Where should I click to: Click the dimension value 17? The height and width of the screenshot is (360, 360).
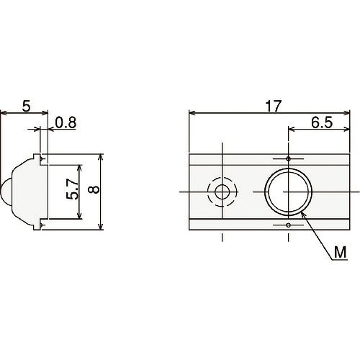(x=273, y=107)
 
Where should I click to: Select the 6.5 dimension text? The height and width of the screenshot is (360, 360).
(x=322, y=122)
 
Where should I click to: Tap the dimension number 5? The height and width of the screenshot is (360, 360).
(x=27, y=107)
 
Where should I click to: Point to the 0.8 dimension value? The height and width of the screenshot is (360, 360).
(x=66, y=122)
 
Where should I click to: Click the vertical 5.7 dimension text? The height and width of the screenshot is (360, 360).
(x=73, y=189)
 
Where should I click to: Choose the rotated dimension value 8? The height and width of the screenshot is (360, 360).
(x=94, y=189)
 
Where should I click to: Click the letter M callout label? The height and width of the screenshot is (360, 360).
(x=341, y=252)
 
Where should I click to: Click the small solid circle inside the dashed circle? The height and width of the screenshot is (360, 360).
(x=222, y=192)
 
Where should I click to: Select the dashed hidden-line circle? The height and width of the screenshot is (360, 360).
(x=222, y=177)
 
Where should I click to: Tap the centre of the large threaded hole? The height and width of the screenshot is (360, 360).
(x=288, y=192)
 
